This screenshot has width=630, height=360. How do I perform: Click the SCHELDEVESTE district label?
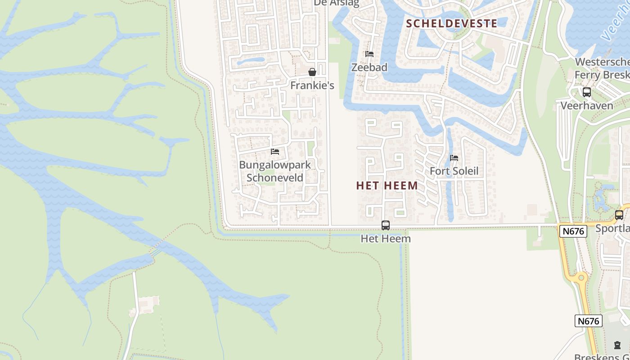coord(452,23)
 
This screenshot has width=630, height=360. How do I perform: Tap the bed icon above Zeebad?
coord(369,54)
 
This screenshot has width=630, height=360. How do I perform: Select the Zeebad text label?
coord(369,67)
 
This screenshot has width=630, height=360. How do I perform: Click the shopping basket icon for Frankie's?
coord(312,72)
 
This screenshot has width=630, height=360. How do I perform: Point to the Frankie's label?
coord(312,85)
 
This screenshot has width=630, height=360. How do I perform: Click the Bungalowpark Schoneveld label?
coord(274,171)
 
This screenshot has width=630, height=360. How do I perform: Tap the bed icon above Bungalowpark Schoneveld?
coord(275,152)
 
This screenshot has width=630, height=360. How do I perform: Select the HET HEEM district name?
coord(387,185)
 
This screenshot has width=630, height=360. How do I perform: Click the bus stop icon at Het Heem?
coord(386,225)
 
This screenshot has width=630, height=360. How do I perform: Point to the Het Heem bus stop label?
coord(386,238)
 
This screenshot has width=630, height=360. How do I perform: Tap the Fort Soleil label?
coord(454,171)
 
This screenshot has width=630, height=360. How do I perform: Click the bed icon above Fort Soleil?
coord(454,158)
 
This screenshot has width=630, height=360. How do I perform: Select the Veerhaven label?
coord(587,106)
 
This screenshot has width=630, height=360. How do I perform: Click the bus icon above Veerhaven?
coord(587,92)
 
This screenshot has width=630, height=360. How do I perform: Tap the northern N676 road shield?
coord(573,231)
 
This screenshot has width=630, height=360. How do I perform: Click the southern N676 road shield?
coord(589,321)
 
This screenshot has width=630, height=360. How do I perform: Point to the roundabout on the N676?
coord(581,277)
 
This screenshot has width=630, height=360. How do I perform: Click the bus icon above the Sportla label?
coord(619,215)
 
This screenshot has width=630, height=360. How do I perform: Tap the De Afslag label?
coord(337,3)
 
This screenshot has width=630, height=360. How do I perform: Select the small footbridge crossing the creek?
coord(155,252)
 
